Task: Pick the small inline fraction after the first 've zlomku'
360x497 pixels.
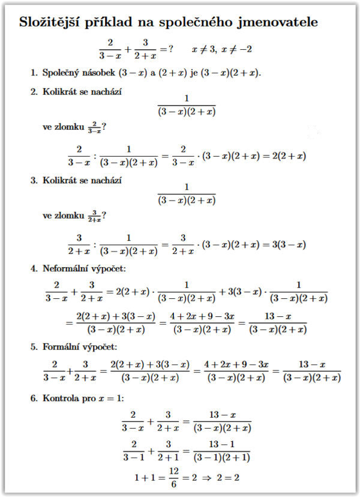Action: [94, 127]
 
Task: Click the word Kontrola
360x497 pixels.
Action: [63, 397]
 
